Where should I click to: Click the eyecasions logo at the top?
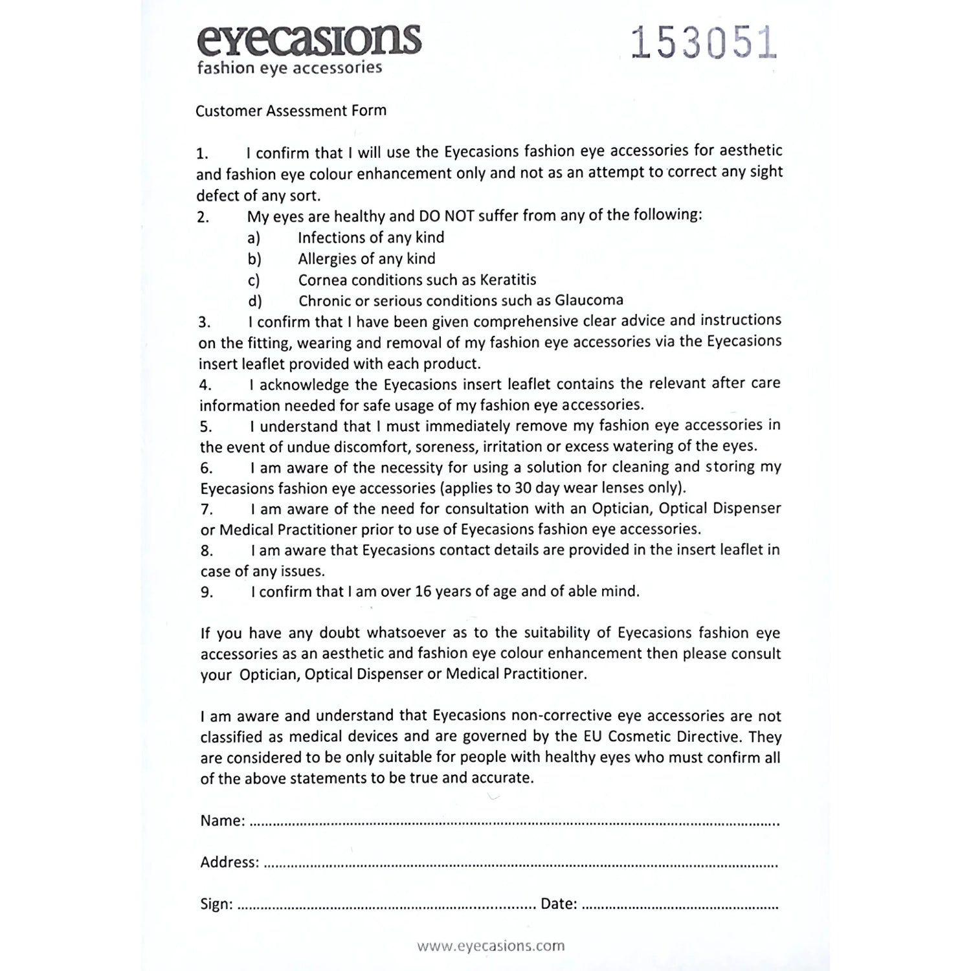click(309, 40)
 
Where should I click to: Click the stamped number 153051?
click(703, 44)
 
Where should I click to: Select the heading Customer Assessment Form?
click(291, 111)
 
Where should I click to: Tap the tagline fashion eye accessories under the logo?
click(289, 68)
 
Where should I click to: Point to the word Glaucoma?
click(588, 300)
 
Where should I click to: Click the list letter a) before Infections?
click(254, 238)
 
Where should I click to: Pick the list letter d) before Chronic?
click(254, 301)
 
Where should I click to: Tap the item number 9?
click(206, 592)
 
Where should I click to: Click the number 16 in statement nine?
click(422, 592)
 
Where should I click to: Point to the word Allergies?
click(327, 259)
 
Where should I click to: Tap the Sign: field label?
click(216, 904)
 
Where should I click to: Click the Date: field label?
click(559, 904)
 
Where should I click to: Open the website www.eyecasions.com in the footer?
click(491, 946)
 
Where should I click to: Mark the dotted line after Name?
click(514, 824)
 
